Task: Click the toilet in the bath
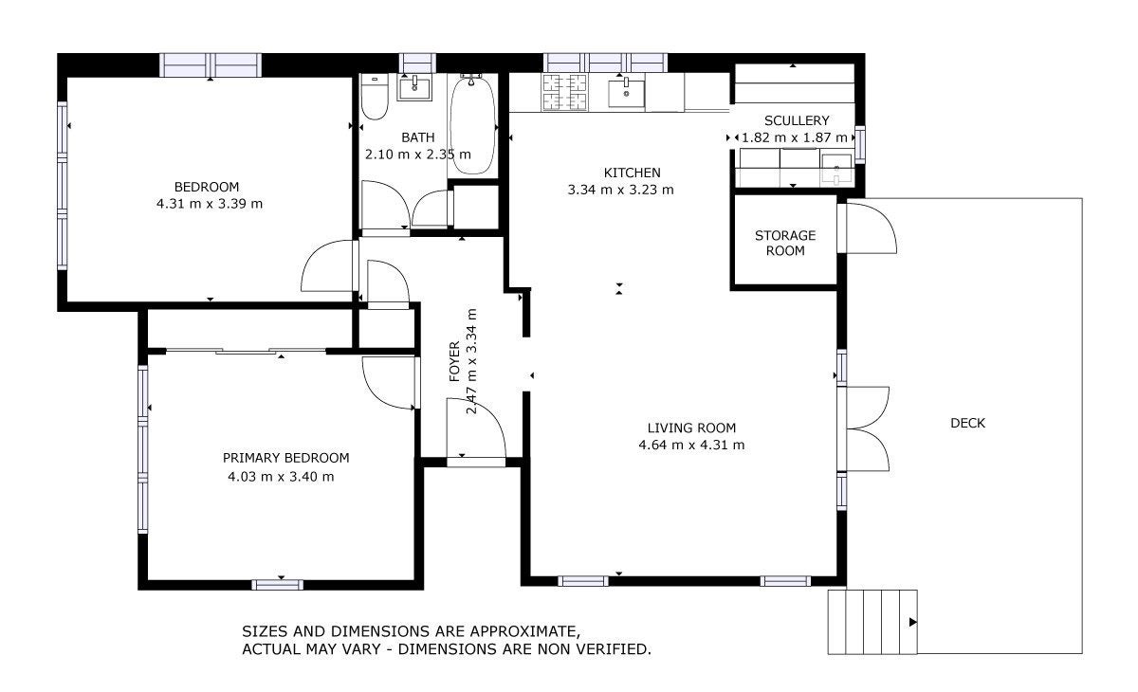[375, 97]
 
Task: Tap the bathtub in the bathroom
[472, 125]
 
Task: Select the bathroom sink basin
[414, 88]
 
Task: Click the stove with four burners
[564, 92]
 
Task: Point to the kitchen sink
[627, 92]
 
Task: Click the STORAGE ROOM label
[785, 243]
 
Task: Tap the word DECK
[967, 423]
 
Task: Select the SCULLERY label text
[797, 120]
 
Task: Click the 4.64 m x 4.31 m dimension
[691, 445]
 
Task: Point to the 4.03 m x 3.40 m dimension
[281, 477]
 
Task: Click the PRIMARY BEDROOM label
[286, 458]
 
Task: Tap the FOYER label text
[454, 361]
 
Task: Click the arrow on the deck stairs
[912, 622]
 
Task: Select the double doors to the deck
[868, 429]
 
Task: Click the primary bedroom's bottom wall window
[277, 584]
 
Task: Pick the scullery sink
[836, 169]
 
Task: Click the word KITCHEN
[632, 173]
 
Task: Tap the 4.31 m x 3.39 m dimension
[210, 204]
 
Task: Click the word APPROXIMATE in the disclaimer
[523, 631]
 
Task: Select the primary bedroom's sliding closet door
[247, 351]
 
